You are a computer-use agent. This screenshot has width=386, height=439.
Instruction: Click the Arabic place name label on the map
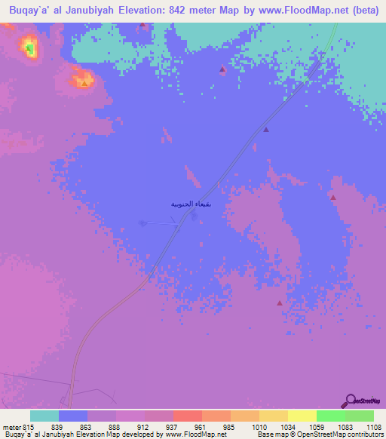point(187,204)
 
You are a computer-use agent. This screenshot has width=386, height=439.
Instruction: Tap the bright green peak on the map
point(29,49)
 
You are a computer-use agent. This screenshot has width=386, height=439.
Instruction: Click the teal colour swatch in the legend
point(44,416)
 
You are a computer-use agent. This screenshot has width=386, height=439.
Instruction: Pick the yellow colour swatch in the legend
point(302,416)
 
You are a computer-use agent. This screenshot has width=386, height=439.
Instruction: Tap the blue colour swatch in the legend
point(73,416)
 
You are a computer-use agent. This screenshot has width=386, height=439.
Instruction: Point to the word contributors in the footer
point(366,434)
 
